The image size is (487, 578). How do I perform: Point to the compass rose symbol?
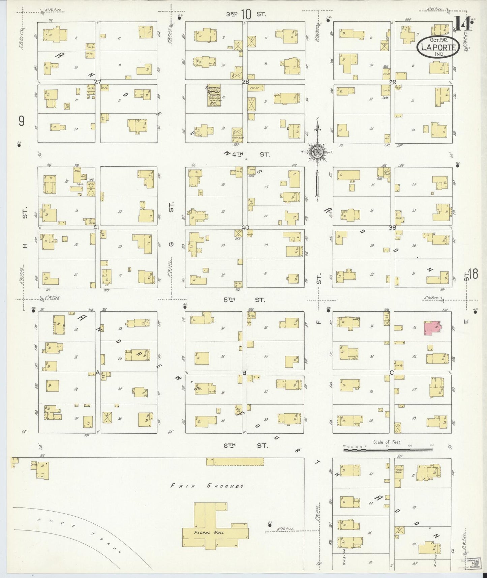click(x=317, y=152)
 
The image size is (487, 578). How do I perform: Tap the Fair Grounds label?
click(x=207, y=486)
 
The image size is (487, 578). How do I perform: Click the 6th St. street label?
click(x=246, y=445)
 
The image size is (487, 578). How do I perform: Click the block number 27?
click(x=98, y=82)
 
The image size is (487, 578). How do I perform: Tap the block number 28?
click(x=245, y=82)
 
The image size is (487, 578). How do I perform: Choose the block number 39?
click(x=392, y=228)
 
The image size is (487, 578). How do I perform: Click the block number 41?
click(x=97, y=227)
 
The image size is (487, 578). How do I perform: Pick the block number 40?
click(x=245, y=228)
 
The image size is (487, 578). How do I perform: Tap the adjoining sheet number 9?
click(x=22, y=121)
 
